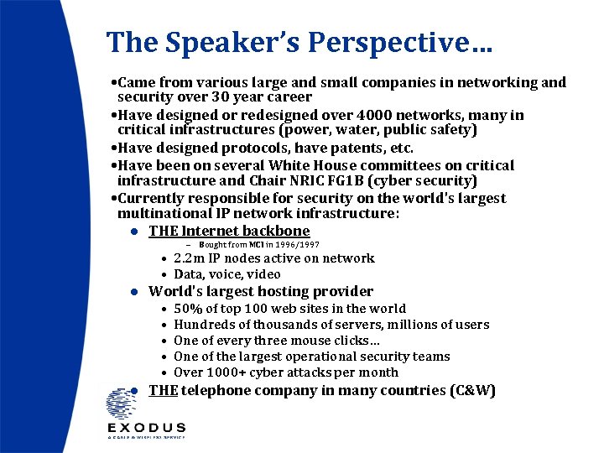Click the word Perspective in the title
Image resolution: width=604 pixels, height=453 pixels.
click(x=389, y=43)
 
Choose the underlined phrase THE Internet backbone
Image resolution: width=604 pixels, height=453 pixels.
click(x=229, y=231)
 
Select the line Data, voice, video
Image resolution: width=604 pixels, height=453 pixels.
click(x=226, y=274)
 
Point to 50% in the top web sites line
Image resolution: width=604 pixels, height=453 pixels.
click(x=188, y=309)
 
